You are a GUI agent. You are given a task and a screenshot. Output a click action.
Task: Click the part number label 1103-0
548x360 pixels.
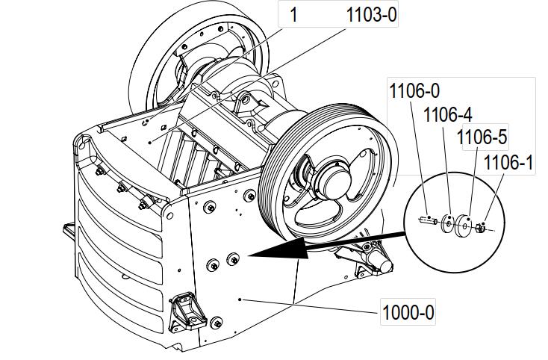(x=370, y=15)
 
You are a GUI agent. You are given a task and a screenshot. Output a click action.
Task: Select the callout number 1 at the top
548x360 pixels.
(x=293, y=15)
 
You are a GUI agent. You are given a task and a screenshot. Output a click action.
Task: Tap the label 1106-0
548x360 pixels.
(x=414, y=92)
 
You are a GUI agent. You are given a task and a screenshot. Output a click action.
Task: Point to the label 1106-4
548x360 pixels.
(x=447, y=115)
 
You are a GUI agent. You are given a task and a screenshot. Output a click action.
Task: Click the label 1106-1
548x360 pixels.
(x=508, y=162)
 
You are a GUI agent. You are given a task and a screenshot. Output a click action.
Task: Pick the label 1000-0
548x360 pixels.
(x=408, y=311)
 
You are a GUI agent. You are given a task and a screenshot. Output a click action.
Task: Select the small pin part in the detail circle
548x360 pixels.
(x=428, y=220)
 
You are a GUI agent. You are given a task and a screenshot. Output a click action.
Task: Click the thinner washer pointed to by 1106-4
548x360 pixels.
(x=448, y=223)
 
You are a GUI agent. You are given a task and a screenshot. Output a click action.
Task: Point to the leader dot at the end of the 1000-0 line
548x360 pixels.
(x=239, y=299)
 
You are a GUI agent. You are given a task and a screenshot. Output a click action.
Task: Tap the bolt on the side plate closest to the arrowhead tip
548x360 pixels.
(x=233, y=259)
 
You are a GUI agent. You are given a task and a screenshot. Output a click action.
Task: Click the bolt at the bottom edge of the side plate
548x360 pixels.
(x=217, y=323)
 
